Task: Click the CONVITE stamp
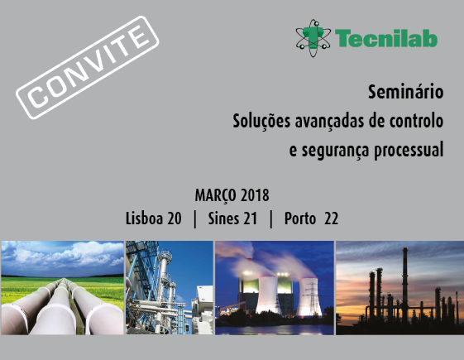point(88,68)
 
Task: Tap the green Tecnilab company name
point(386,38)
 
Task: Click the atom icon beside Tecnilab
point(313,38)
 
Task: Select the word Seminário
point(406,92)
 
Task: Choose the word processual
point(409,151)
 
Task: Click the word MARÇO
point(215,196)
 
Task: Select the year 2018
point(255,195)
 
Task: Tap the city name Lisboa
point(144,218)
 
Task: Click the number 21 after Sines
point(251,218)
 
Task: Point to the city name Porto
point(300,218)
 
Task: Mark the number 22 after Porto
point(331,218)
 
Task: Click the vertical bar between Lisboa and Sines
point(194,219)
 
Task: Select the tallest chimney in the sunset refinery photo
point(404,285)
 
